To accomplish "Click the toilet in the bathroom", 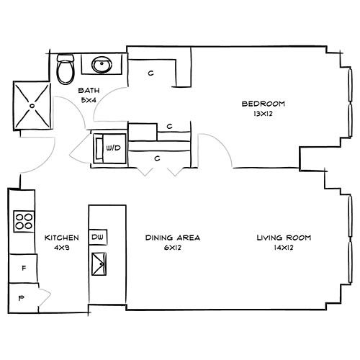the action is [x=66, y=69].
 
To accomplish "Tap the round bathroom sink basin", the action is [x=102, y=65].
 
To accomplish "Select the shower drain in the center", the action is [x=32, y=106].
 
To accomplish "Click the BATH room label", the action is [x=89, y=91].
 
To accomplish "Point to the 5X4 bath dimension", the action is [x=89, y=100].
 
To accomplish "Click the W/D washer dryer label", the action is [x=114, y=148].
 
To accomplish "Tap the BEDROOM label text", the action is [x=264, y=104].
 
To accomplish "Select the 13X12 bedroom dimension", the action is [x=264, y=114].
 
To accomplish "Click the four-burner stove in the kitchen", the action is [x=24, y=221].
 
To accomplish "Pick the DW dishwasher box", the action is [x=98, y=237].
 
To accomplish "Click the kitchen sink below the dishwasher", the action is [x=99, y=264].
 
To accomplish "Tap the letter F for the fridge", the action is [x=24, y=268].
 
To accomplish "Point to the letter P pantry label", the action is [x=22, y=298].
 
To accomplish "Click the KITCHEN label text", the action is [x=62, y=238].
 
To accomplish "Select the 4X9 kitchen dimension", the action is [x=62, y=248].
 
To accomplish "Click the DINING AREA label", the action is [x=173, y=238].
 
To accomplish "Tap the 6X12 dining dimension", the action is [x=173, y=248].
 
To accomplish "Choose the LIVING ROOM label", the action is [x=284, y=238].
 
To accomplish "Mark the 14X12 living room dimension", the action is [x=284, y=248].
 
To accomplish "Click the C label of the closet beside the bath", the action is [x=150, y=73].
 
